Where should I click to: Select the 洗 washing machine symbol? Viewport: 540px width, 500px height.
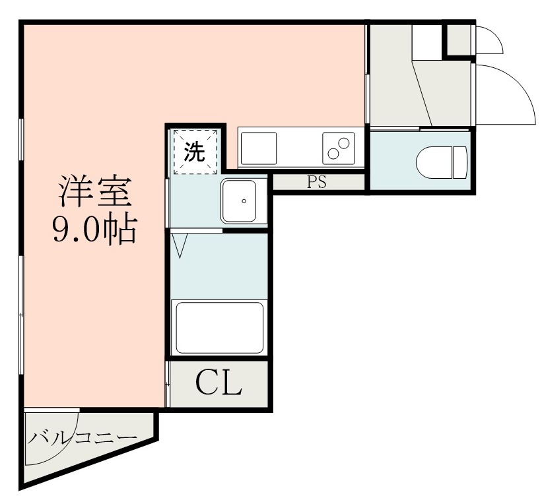194,152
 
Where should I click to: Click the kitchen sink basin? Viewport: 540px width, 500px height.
258,148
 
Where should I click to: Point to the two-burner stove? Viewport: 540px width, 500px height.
339,148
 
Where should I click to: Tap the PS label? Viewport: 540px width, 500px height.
317,183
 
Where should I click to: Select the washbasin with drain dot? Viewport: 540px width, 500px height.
243,201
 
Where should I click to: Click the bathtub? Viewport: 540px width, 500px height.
218,327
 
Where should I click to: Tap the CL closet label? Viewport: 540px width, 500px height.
219,383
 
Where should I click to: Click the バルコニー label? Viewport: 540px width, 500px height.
83,437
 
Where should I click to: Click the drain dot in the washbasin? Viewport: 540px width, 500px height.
244,201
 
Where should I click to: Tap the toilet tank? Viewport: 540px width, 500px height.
460,162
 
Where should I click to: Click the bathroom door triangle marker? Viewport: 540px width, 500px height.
180,245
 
